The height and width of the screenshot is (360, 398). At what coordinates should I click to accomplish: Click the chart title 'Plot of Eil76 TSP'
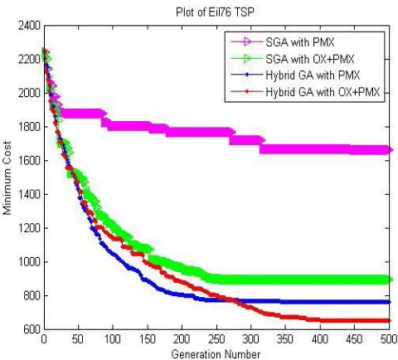(x=215, y=12)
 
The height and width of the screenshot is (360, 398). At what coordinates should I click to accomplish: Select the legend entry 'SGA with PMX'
(x=300, y=42)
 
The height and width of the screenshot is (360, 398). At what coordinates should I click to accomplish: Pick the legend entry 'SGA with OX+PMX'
(x=310, y=59)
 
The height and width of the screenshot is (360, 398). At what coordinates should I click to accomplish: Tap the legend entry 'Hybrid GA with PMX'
(x=313, y=75)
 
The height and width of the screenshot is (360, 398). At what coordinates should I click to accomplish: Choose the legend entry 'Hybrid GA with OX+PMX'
(x=323, y=92)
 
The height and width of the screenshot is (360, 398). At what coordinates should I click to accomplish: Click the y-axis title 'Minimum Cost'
(x=7, y=178)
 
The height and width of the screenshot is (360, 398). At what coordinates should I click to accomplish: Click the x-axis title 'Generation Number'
(x=216, y=354)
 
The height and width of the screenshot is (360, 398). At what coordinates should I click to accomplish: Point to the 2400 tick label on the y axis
(x=29, y=26)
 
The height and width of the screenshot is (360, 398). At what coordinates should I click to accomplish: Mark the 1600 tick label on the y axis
(x=29, y=161)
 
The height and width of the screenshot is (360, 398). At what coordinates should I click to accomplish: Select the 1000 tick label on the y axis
(x=29, y=262)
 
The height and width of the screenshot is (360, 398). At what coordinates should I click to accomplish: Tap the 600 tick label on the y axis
(x=31, y=329)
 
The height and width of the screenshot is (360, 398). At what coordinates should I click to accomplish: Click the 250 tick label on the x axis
(x=216, y=339)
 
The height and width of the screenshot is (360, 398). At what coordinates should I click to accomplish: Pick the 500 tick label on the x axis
(x=389, y=339)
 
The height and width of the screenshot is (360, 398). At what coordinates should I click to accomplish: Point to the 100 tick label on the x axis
(x=113, y=339)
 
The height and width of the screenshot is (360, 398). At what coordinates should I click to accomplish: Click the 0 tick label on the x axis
(x=44, y=339)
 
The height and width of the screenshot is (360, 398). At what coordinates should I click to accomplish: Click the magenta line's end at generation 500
(x=390, y=150)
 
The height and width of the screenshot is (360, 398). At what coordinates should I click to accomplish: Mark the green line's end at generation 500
(x=390, y=280)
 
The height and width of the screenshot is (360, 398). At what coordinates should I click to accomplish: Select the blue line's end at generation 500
(x=390, y=302)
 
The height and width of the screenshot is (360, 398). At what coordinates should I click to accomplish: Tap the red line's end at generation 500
(x=390, y=320)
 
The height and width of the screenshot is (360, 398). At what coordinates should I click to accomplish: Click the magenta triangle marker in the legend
(x=247, y=42)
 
